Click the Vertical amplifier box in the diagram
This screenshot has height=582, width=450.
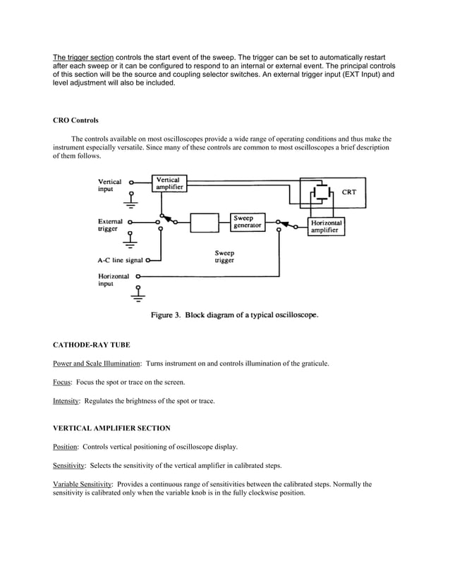tap(169, 184)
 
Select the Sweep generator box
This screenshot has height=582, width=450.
tap(248, 222)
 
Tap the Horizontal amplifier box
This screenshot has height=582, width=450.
tap(327, 227)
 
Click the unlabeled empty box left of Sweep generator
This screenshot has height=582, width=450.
tap(205, 222)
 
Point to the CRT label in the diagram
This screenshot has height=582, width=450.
tap(348, 192)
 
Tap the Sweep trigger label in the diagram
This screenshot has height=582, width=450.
tap(224, 256)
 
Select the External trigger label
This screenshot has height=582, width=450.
tap(110, 225)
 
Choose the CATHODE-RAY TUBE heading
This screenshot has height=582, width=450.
tap(91, 345)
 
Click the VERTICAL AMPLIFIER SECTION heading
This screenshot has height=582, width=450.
tap(111, 428)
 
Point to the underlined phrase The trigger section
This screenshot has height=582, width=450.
tap(83, 56)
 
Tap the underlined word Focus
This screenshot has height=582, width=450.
tap(61, 382)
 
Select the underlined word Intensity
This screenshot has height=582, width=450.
tap(66, 401)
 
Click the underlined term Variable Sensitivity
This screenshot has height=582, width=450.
tap(83, 485)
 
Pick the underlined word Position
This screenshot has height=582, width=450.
tap(65, 447)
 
